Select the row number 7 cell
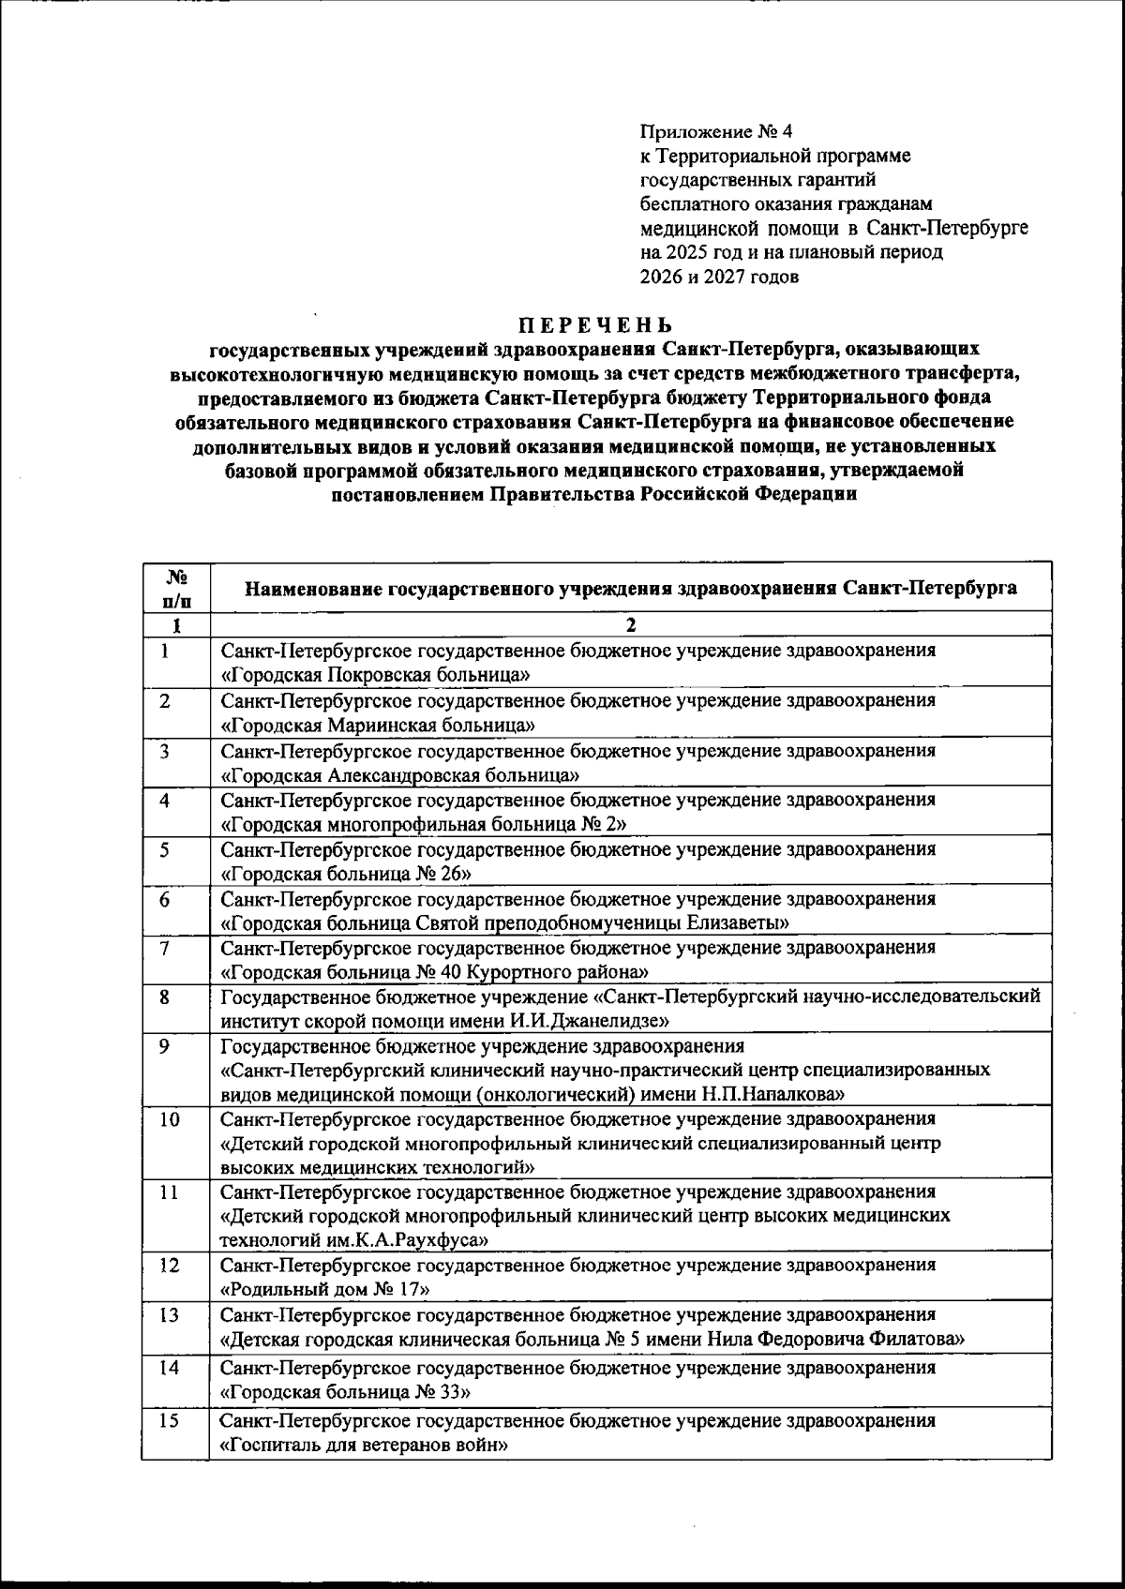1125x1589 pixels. click(164, 948)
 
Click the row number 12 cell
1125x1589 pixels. click(169, 1265)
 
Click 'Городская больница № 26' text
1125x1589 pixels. click(346, 874)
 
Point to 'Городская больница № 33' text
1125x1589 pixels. click(343, 1392)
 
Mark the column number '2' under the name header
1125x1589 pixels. click(630, 625)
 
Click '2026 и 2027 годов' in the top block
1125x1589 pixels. click(719, 277)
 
